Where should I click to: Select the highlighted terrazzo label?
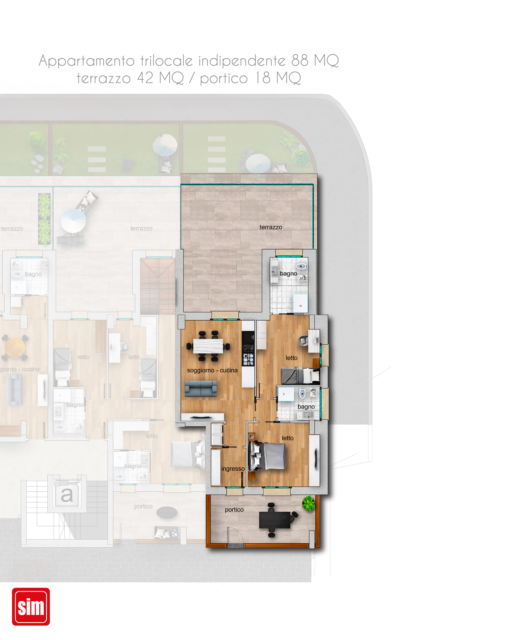tap(271, 227)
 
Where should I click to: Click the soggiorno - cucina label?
tap(212, 370)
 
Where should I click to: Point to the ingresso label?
tap(233, 469)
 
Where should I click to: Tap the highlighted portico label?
tap(234, 510)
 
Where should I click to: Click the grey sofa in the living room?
tap(201, 389)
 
